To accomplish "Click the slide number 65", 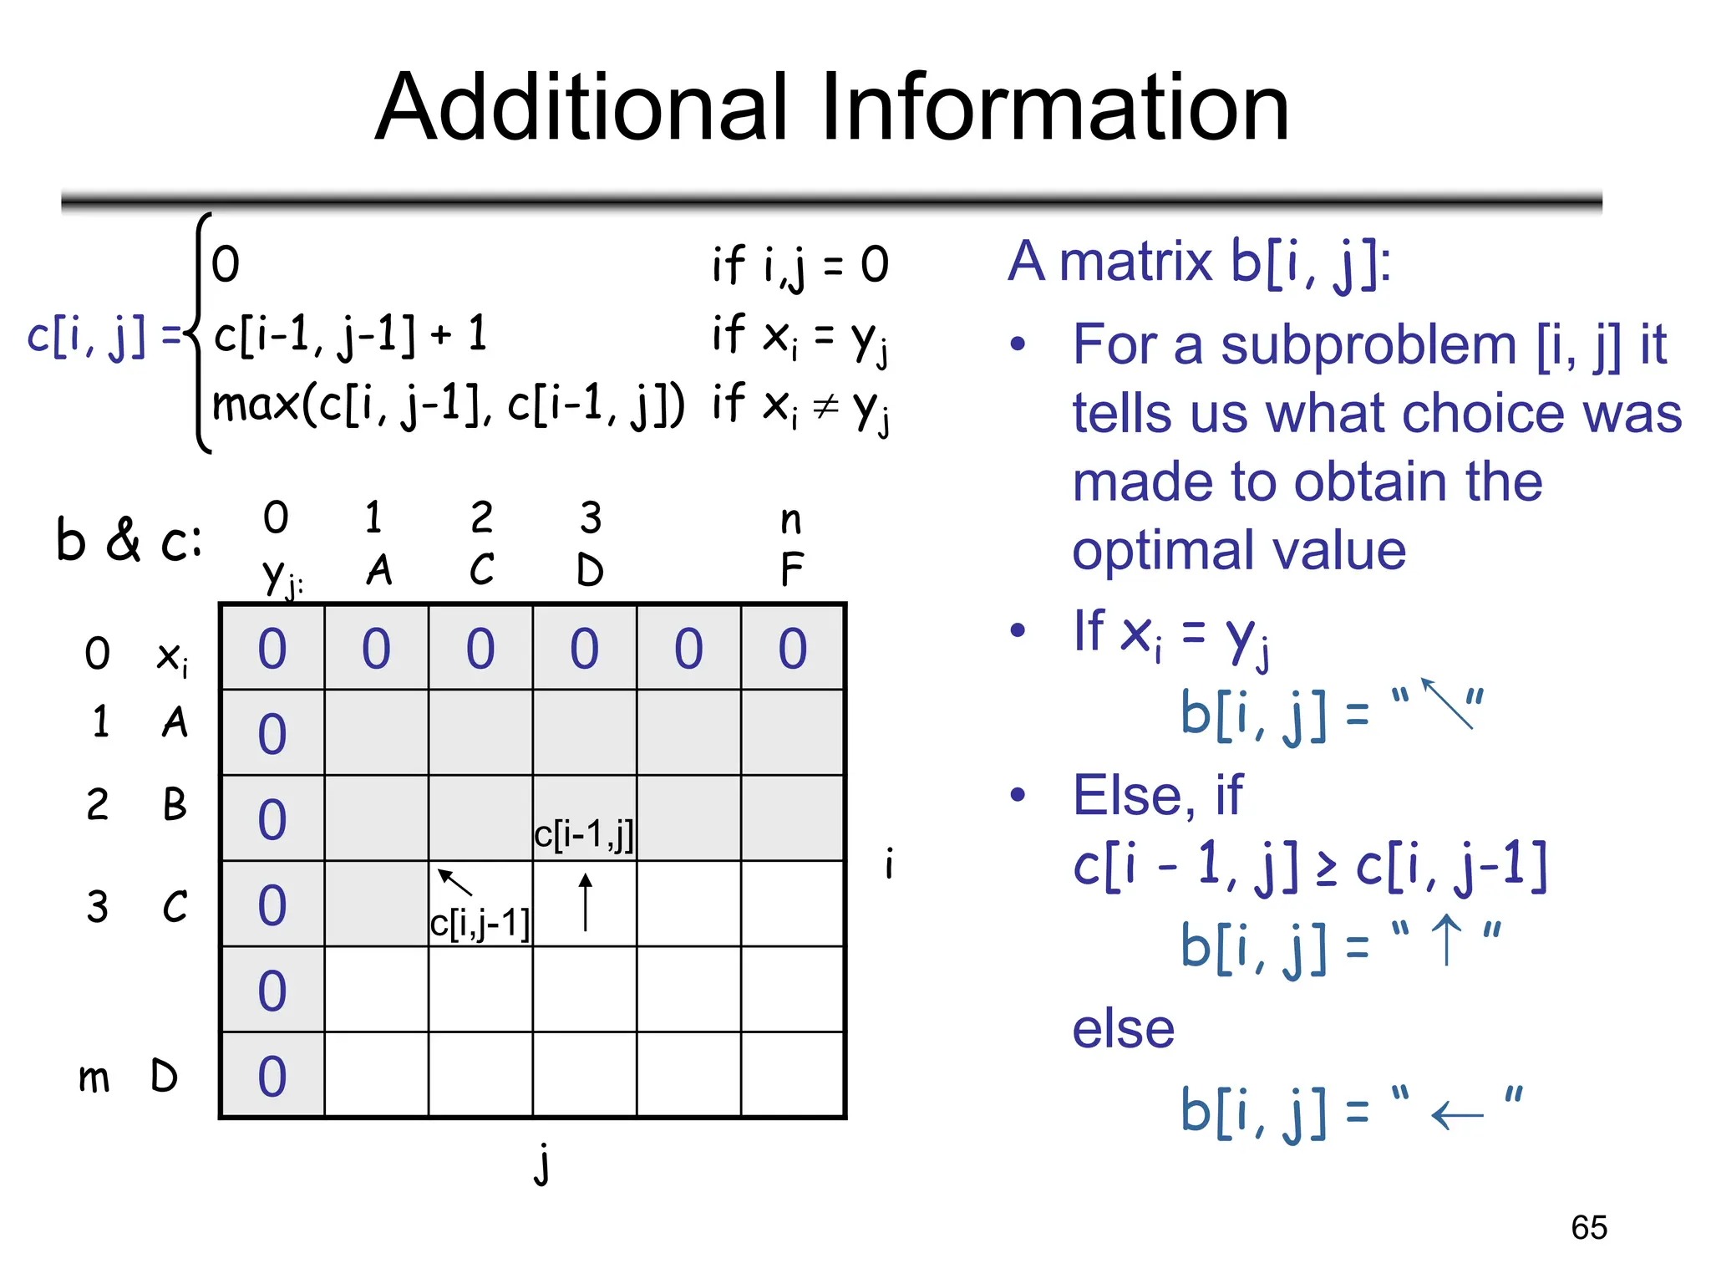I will click(1588, 1228).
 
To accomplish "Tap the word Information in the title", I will click(1054, 108).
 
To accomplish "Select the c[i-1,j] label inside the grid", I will click(584, 834).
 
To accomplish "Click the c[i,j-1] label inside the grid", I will click(480, 924).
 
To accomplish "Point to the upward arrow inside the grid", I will click(586, 903).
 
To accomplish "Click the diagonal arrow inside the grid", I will click(454, 882).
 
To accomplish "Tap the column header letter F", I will click(792, 571).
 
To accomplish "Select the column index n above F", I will click(790, 520).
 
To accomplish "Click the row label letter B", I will click(175, 804).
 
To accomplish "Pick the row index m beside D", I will click(94, 1078).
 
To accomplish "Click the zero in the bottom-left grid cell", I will click(272, 1076).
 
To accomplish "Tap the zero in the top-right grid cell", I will click(793, 649).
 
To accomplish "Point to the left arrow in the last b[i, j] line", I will click(1457, 1115).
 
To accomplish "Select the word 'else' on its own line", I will click(1123, 1029).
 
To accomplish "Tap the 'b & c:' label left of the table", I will click(129, 540).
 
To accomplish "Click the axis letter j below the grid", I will click(543, 1164).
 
